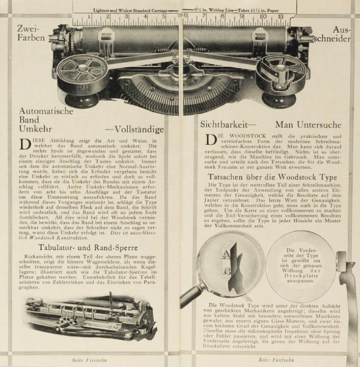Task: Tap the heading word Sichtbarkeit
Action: pyautogui.click(x=221, y=123)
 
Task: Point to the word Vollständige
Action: pyautogui.click(x=139, y=129)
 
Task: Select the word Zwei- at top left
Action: pyautogui.click(x=27, y=29)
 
